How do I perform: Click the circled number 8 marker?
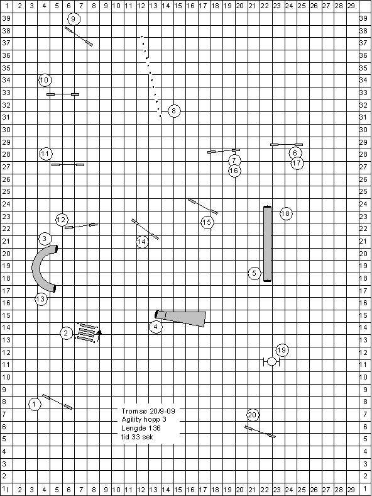coord(174,111)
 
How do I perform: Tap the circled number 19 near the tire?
coord(282,350)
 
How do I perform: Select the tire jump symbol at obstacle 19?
coord(271,361)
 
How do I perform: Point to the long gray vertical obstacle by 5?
coord(268,244)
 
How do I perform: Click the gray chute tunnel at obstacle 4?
coord(180,318)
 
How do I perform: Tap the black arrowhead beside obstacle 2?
coord(99,332)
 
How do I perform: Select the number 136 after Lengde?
coord(155,428)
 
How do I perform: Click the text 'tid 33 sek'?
coord(138,437)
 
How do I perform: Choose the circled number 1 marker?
coord(35,404)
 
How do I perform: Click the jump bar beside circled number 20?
coord(260,432)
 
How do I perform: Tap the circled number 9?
coord(74,19)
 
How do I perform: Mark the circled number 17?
coord(297,163)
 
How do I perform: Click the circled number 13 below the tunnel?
coord(41,299)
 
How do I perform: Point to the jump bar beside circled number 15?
coord(203,206)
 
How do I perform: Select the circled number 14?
coord(143,242)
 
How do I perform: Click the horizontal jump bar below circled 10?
coord(63,94)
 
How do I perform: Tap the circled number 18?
coord(286,214)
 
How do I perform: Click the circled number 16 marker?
coord(234,171)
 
